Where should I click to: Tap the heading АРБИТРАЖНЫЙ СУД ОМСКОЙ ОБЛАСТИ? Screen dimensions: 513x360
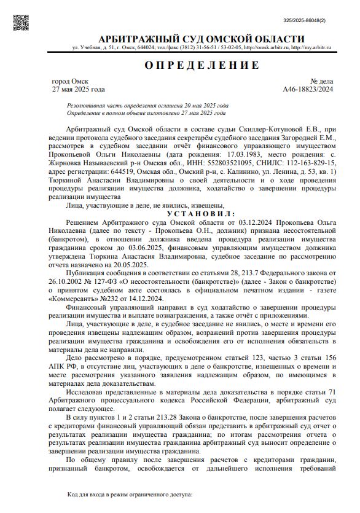point(201,39)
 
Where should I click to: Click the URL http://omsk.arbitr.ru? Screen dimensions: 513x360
point(265,47)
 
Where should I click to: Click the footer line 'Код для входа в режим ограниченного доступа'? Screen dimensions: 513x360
point(130,494)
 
